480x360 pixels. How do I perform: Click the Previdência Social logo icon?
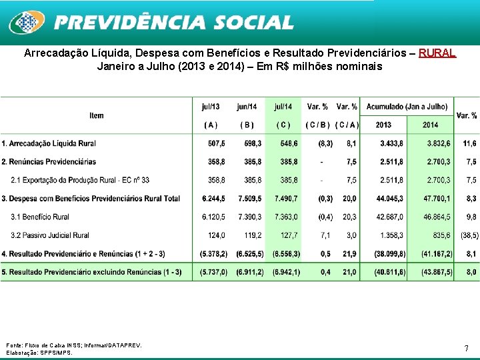point(26,23)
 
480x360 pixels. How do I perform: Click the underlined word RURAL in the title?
point(437,53)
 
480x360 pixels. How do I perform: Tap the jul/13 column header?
point(211,107)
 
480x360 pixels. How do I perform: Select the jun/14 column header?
point(247,107)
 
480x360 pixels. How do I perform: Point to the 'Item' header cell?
point(97,115)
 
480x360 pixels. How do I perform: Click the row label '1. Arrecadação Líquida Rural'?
point(49,143)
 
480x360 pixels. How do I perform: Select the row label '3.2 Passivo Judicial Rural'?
point(50,235)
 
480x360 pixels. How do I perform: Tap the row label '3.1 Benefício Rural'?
point(40,217)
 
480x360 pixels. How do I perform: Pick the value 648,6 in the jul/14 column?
point(289,143)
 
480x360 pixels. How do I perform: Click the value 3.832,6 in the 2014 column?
point(438,143)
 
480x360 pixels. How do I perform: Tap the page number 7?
point(466,348)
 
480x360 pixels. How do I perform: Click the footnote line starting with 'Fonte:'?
point(73,345)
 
